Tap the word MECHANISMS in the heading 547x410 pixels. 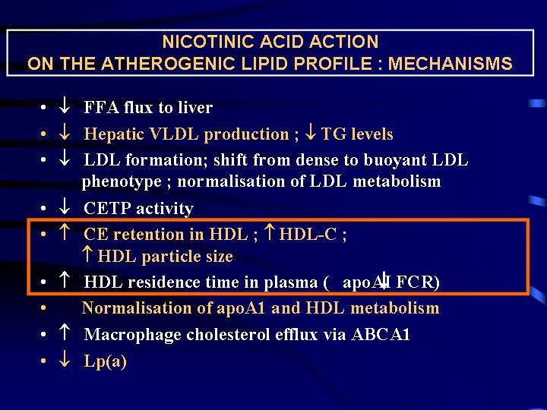pos(450,64)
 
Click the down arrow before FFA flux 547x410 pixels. pos(64,105)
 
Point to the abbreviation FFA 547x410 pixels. pos(101,107)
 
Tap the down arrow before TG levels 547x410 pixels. pos(310,132)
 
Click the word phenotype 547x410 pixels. pos(122,182)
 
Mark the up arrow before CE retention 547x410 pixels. pos(64,232)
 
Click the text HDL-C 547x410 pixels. pos(308,234)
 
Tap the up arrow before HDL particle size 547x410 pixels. pos(87,254)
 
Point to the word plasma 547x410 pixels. pos(290,282)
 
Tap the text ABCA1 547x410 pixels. pos(381,335)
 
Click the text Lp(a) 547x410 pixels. pos(105,361)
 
